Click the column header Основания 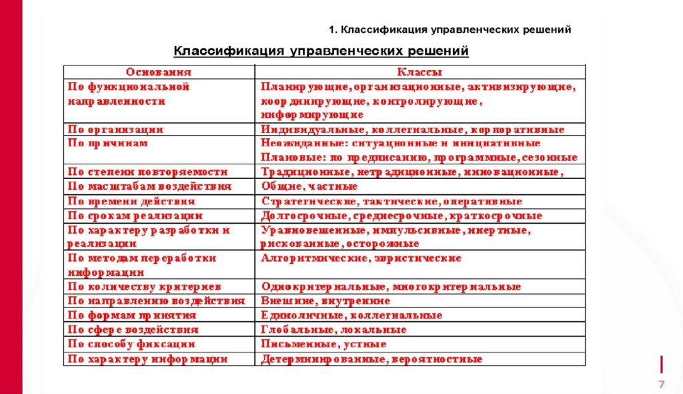(x=159, y=72)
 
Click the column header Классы (x=420, y=72)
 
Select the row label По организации (x=116, y=130)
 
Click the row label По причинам (x=108, y=144)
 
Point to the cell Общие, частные (x=301, y=186)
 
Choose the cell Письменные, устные (x=323, y=345)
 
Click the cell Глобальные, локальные (x=333, y=330)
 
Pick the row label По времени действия (x=131, y=201)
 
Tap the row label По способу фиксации (x=131, y=345)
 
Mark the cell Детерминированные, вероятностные (x=371, y=359)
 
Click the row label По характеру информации (x=147, y=359)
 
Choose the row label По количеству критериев (x=144, y=286)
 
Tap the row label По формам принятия (x=132, y=315)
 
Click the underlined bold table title (x=321, y=51)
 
